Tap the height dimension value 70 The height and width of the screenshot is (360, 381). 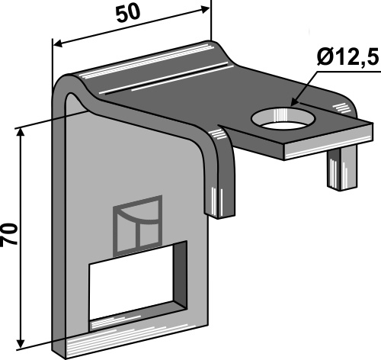10,233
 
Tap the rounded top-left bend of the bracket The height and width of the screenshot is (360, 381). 71,83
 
